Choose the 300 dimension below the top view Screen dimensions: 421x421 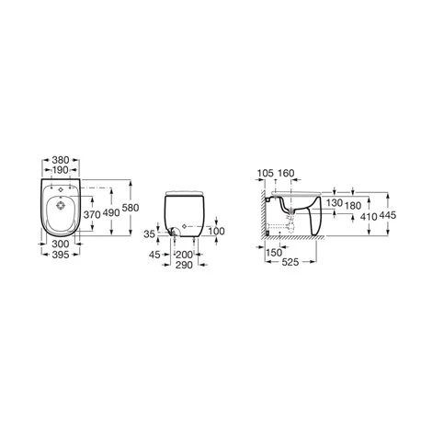pos(62,244)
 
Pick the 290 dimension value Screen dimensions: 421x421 pos(188,264)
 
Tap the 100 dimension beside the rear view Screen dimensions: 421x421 pos(217,230)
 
